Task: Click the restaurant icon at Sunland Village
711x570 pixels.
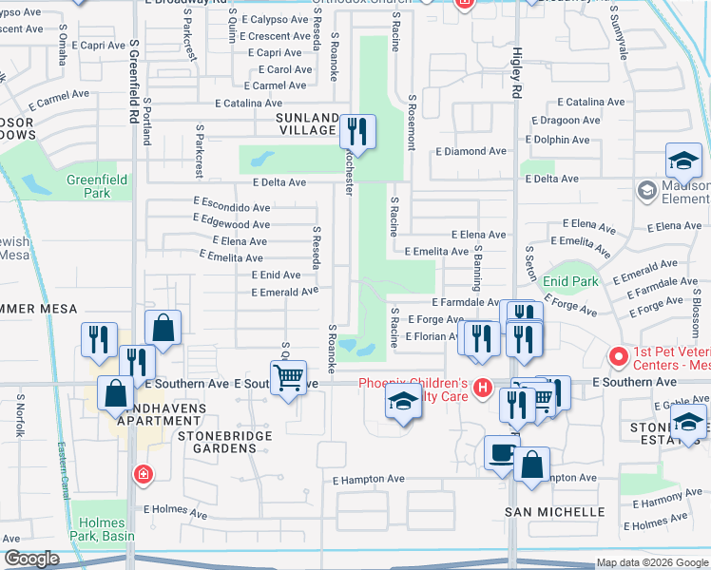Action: click(357, 130)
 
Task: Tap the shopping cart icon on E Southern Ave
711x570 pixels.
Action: click(288, 376)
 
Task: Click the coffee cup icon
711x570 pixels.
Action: click(501, 451)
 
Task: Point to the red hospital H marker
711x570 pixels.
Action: click(484, 388)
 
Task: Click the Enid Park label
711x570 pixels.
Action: click(570, 281)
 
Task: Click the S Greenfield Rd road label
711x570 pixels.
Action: click(134, 81)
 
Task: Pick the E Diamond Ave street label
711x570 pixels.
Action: click(471, 151)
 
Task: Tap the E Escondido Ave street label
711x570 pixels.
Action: click(231, 207)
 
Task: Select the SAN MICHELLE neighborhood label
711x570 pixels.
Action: click(554, 511)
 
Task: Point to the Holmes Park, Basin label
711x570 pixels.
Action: click(102, 530)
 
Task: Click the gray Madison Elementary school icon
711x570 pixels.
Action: click(646, 192)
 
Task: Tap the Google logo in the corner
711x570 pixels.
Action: click(31, 559)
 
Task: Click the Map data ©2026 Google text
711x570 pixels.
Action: click(651, 563)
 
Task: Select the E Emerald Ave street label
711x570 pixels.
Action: click(284, 292)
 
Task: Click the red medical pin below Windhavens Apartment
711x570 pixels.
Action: click(143, 473)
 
